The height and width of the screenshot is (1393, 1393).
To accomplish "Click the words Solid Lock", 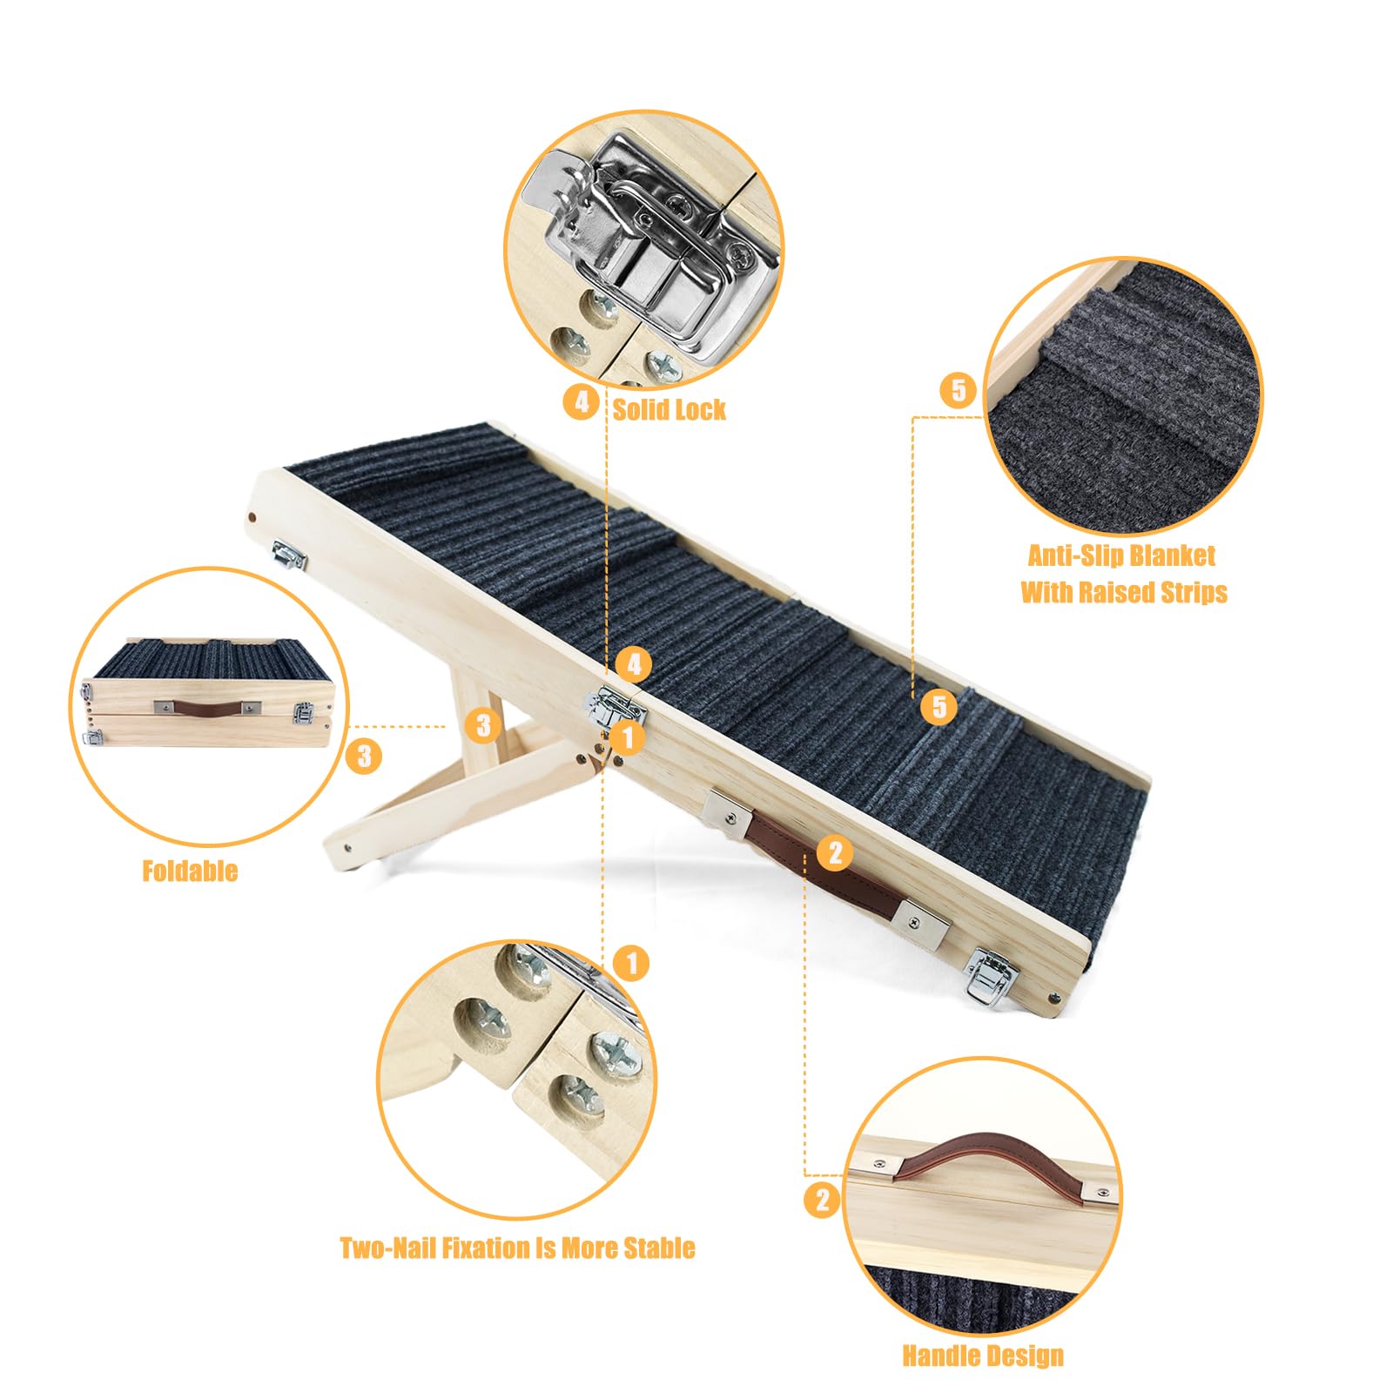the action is point(669,409).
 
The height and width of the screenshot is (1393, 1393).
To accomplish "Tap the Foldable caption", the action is point(190,871).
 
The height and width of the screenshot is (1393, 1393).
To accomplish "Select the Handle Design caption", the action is point(983,1356).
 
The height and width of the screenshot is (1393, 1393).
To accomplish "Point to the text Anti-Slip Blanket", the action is point(1121,555).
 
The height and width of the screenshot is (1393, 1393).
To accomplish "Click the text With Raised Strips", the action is point(1124,592).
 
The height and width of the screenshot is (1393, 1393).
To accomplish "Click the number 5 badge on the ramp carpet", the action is point(939,706).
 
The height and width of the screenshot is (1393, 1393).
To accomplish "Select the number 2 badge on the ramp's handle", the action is point(835,852).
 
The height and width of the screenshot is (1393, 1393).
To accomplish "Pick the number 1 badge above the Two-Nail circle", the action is point(631,963).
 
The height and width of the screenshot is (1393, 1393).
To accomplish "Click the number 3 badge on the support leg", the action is point(483,725).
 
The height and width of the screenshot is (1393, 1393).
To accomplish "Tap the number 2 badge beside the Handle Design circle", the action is point(822,1201).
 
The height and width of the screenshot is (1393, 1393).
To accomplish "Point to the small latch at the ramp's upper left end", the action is point(289,554).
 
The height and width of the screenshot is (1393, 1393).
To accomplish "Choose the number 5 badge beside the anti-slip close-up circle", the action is point(958,389).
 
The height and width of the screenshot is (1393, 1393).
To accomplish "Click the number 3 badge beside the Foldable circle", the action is point(364,755).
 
